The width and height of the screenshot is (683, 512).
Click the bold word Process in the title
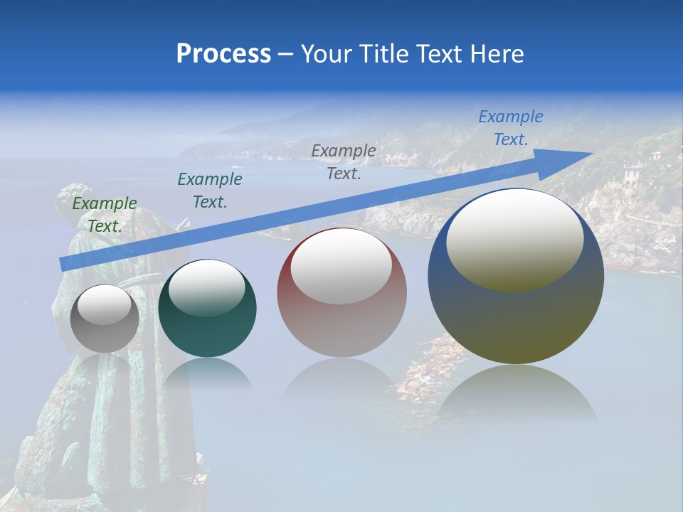223,54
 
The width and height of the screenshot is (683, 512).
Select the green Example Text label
105,215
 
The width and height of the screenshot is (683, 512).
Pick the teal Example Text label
210,191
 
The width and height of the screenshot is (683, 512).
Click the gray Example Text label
344,162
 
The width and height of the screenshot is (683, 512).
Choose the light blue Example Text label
511,128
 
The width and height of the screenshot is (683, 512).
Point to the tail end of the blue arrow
63,265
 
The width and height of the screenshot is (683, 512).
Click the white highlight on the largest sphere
514,238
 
